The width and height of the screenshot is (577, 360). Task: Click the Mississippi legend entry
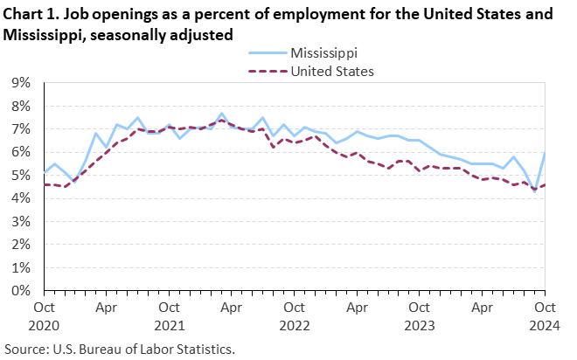(325, 54)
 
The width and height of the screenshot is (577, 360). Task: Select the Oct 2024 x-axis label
(545, 315)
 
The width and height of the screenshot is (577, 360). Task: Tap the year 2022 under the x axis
(295, 324)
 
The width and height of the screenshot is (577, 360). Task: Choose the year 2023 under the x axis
(420, 324)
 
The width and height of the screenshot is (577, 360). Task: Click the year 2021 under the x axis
(169, 324)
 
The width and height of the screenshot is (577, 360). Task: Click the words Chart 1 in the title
(29, 15)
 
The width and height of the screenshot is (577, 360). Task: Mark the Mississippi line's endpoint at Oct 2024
(545, 153)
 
